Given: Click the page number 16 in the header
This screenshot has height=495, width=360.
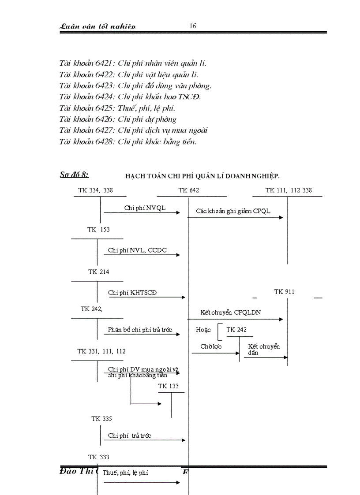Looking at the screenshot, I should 193,26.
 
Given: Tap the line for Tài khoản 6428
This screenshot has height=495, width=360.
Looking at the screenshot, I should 128,141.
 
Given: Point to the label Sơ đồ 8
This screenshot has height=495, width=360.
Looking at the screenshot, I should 74,175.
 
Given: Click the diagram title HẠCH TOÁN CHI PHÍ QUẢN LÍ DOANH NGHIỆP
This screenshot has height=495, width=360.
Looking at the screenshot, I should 202,176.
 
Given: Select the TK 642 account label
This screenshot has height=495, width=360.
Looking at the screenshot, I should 188,190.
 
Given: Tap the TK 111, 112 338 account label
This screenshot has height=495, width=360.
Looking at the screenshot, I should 289,190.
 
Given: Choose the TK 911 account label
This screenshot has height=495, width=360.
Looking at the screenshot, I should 284,291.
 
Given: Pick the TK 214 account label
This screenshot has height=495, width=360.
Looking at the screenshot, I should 98,272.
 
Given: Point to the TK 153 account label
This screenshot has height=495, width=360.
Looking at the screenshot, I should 98,230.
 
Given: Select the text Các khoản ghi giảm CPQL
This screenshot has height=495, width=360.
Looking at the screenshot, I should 233,211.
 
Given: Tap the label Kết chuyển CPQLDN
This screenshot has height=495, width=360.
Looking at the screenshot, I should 230,313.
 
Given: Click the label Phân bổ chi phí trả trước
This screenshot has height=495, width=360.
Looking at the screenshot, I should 140,330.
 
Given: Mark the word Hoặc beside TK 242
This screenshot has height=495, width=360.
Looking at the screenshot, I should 203,330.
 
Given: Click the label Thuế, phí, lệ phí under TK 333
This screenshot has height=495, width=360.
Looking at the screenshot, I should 125,473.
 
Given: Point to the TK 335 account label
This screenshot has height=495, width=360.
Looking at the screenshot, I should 101,419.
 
